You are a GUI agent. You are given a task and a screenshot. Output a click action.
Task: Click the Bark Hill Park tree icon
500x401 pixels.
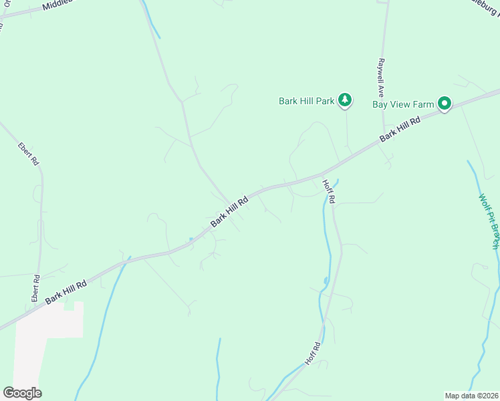pyautogui.click(x=344, y=101)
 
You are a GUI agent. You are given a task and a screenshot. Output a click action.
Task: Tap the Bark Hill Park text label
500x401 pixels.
pyautogui.click(x=306, y=102)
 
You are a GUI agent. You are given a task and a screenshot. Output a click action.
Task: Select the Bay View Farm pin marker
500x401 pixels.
pyautogui.click(x=445, y=104)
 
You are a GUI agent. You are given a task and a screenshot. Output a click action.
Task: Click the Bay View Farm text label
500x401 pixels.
pyautogui.click(x=403, y=104)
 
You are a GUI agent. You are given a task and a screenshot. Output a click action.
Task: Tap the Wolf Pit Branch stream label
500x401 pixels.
pyautogui.click(x=489, y=221)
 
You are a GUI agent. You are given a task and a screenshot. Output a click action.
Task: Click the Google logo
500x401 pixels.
pyautogui.click(x=22, y=393)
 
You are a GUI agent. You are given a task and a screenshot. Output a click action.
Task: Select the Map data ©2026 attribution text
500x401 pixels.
pyautogui.click(x=472, y=396)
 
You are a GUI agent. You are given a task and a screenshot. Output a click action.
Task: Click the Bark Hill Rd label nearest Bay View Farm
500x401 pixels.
pyautogui.click(x=400, y=129)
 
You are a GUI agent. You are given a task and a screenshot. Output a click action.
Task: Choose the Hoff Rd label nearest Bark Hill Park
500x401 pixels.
pyautogui.click(x=328, y=191)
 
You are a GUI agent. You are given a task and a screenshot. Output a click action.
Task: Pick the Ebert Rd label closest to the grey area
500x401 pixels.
pyautogui.click(x=35, y=288)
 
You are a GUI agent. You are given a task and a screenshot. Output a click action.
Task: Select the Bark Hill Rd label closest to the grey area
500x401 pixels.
pyautogui.click(x=66, y=293)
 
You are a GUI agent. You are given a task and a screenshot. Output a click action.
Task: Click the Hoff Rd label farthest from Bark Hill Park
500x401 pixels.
pyautogui.click(x=313, y=354)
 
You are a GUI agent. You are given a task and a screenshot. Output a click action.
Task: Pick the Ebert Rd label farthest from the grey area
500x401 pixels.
pyautogui.click(x=29, y=154)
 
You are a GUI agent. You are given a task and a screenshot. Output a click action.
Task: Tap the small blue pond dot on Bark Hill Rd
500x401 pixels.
pyautogui.click(x=191, y=239)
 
